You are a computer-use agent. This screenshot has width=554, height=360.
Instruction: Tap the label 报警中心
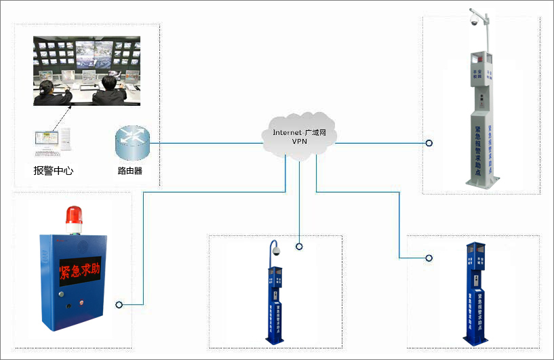(x=54, y=171)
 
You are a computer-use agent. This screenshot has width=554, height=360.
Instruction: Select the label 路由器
(x=130, y=171)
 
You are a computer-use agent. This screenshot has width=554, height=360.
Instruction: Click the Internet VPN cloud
(x=299, y=136)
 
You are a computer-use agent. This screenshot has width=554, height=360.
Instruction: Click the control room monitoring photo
(x=87, y=71)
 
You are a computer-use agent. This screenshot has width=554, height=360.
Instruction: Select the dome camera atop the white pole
(x=475, y=22)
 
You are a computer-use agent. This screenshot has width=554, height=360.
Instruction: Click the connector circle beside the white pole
(x=429, y=143)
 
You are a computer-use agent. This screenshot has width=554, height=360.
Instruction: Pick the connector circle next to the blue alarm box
(x=119, y=304)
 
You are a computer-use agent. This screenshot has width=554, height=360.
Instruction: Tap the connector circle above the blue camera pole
(x=298, y=246)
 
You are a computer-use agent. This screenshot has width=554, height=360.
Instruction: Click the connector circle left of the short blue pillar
(x=429, y=258)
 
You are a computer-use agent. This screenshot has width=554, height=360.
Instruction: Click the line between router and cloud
(x=203, y=143)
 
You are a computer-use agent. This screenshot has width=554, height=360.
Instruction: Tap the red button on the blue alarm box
(x=82, y=302)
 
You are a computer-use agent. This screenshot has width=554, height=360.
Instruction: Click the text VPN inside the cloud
(x=300, y=141)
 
